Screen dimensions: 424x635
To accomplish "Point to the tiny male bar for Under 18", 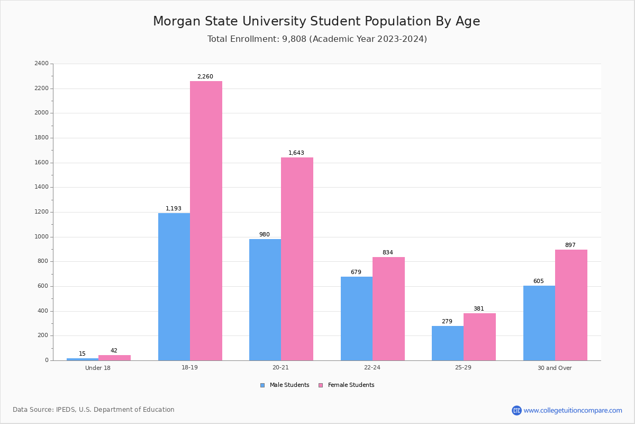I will (83, 359).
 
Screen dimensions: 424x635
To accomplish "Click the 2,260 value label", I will (205, 77).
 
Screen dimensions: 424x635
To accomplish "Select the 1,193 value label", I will (174, 209).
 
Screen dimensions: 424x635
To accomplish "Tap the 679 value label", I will (356, 272).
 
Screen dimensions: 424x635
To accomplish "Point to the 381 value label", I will (479, 309).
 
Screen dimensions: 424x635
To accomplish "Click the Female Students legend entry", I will (347, 385).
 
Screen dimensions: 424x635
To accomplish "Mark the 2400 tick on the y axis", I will (41, 64).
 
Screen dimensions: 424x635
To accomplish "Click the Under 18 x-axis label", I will (98, 368).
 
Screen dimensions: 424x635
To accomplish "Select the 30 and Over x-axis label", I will (555, 368).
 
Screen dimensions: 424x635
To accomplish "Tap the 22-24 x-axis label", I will (372, 368).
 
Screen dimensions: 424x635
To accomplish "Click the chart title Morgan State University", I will (316, 22).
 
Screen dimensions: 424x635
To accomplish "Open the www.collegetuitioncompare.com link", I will (573, 410).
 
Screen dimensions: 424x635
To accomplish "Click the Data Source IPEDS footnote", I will (94, 410).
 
